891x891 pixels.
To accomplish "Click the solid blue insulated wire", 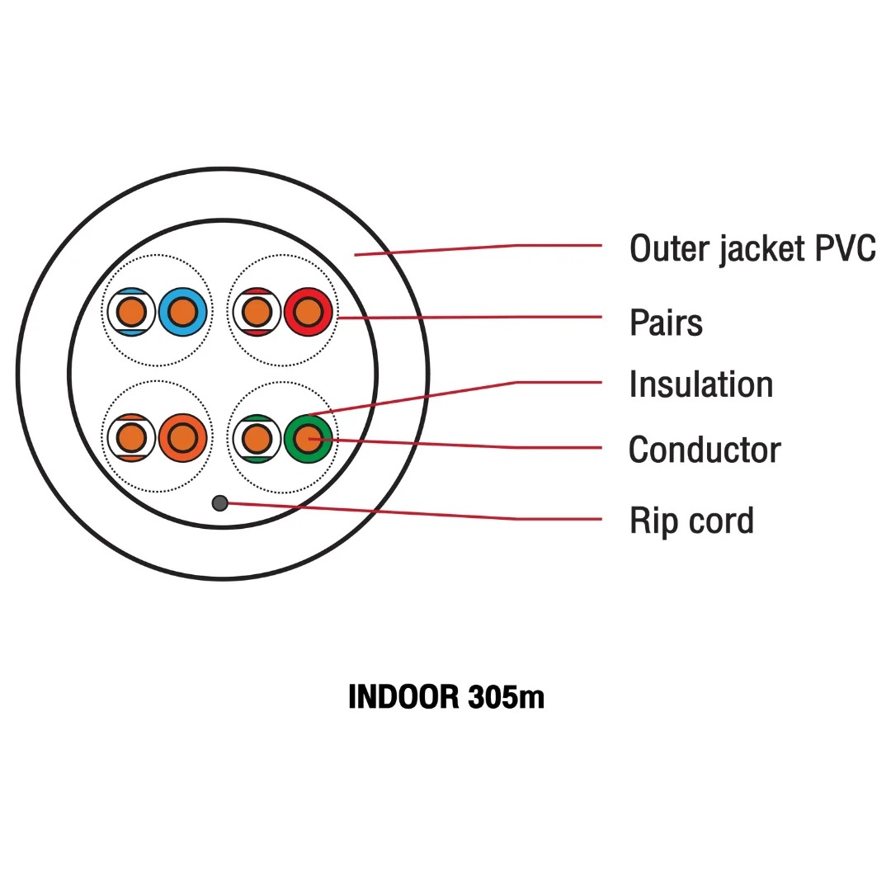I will tap(181, 312).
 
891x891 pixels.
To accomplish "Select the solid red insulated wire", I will tap(308, 312).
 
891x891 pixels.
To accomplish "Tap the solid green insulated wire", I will tap(308, 438).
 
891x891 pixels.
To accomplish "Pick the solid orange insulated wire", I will tap(181, 438).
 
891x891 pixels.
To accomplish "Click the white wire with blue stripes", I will tap(131, 312).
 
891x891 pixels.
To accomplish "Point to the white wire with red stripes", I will tap(257, 312).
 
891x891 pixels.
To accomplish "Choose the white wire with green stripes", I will tap(257, 438).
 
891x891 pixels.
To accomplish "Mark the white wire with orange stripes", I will tap(131, 438).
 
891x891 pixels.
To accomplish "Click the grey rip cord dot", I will tap(219, 502).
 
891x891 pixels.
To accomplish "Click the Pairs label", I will tap(666, 322).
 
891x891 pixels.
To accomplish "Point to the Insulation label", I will tap(700, 384).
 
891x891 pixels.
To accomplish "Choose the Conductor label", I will tap(705, 450).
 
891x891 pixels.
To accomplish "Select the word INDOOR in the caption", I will tap(403, 697).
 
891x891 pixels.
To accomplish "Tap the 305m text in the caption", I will tap(505, 697).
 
